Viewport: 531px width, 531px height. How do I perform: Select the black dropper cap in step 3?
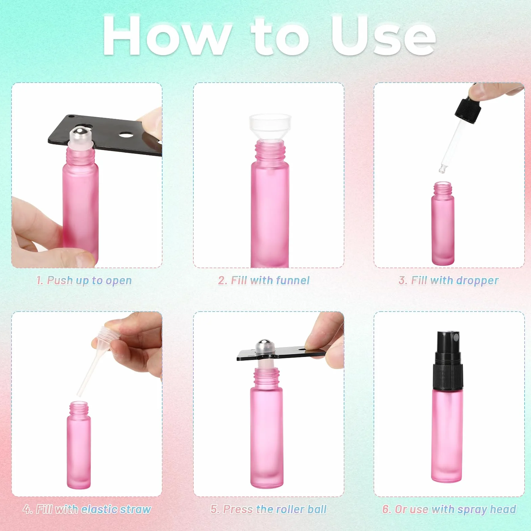point(467,109)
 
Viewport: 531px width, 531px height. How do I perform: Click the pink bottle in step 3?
point(443,224)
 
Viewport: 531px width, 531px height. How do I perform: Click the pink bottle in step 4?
point(79,445)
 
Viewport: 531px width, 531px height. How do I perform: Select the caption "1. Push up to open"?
point(84,280)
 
